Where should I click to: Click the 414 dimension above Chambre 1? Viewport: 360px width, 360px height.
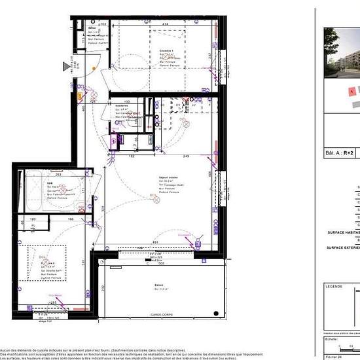click(x=167, y=24)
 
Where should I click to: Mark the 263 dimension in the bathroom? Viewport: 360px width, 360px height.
click(x=58, y=174)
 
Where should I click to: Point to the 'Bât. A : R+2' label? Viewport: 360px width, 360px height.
click(x=340, y=153)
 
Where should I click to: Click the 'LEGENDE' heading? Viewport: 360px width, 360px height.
click(x=334, y=287)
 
